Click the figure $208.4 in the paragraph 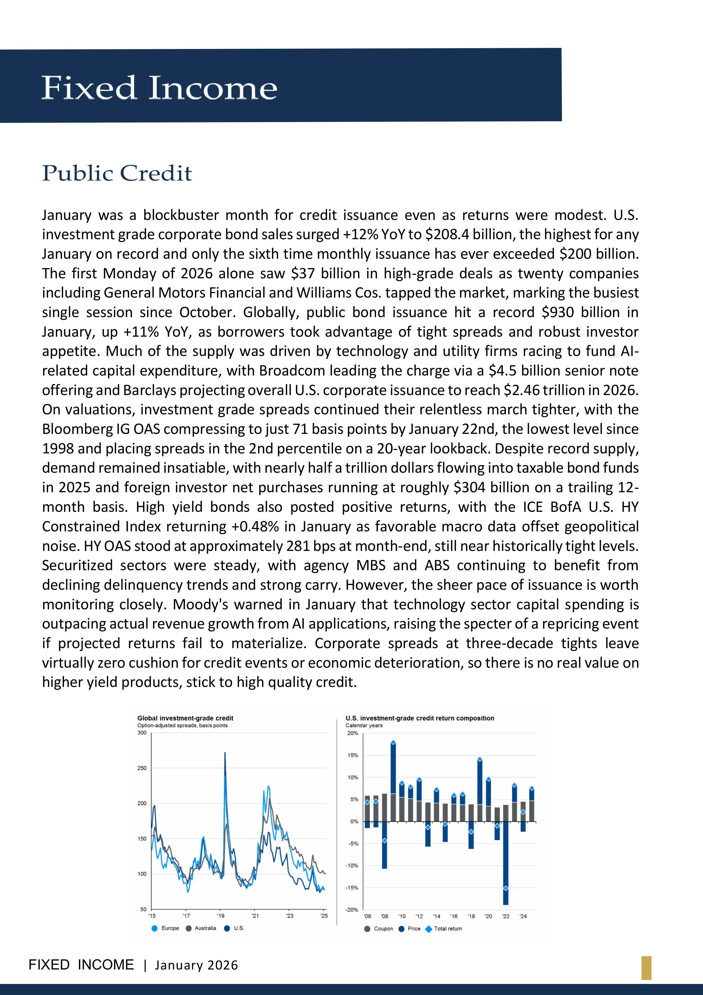coord(447,234)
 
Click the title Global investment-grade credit coord(186,718)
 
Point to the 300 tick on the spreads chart coord(142,733)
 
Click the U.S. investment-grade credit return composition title coord(420,718)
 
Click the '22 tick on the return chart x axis coord(506,916)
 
